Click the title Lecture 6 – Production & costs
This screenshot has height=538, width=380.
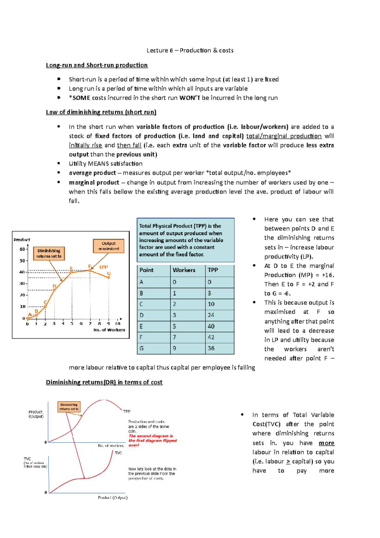(x=190, y=50)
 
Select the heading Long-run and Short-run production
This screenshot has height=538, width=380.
(x=97, y=65)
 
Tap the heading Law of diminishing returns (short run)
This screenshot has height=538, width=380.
(x=101, y=112)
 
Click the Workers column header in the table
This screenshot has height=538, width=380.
(x=184, y=270)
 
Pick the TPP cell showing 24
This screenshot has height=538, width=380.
(x=211, y=315)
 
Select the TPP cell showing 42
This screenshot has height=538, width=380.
(x=211, y=337)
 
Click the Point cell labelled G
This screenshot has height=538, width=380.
(x=142, y=348)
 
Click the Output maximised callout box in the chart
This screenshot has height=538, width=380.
(x=109, y=246)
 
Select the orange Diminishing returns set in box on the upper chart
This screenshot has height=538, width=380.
(x=49, y=253)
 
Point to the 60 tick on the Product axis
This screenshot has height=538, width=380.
(x=22, y=249)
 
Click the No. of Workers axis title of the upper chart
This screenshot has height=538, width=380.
(x=109, y=330)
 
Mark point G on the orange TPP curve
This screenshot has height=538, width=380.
(x=109, y=277)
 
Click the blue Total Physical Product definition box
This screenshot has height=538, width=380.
(x=186, y=240)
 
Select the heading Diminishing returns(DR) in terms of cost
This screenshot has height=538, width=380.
(x=104, y=382)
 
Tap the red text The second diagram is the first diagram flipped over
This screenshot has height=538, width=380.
(x=152, y=440)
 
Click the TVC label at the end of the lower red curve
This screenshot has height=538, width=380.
(x=118, y=453)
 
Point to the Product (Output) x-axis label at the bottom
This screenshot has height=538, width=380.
(x=113, y=498)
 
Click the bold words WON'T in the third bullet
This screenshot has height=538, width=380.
(x=190, y=98)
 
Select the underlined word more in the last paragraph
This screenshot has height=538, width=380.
(x=326, y=443)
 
